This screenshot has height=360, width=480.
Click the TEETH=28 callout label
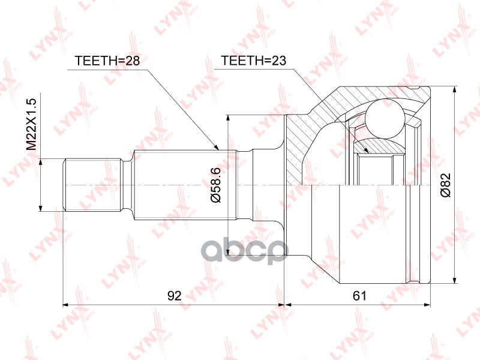[x=107, y=61]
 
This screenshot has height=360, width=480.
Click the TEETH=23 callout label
[x=253, y=61]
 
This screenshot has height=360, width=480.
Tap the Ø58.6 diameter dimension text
[x=216, y=185]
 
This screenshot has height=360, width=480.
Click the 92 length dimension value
[x=175, y=296]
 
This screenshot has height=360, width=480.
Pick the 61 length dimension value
[x=359, y=296]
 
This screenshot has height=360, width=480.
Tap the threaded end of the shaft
[x=92, y=185]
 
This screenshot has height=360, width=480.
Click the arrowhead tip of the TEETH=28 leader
[x=219, y=150]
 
